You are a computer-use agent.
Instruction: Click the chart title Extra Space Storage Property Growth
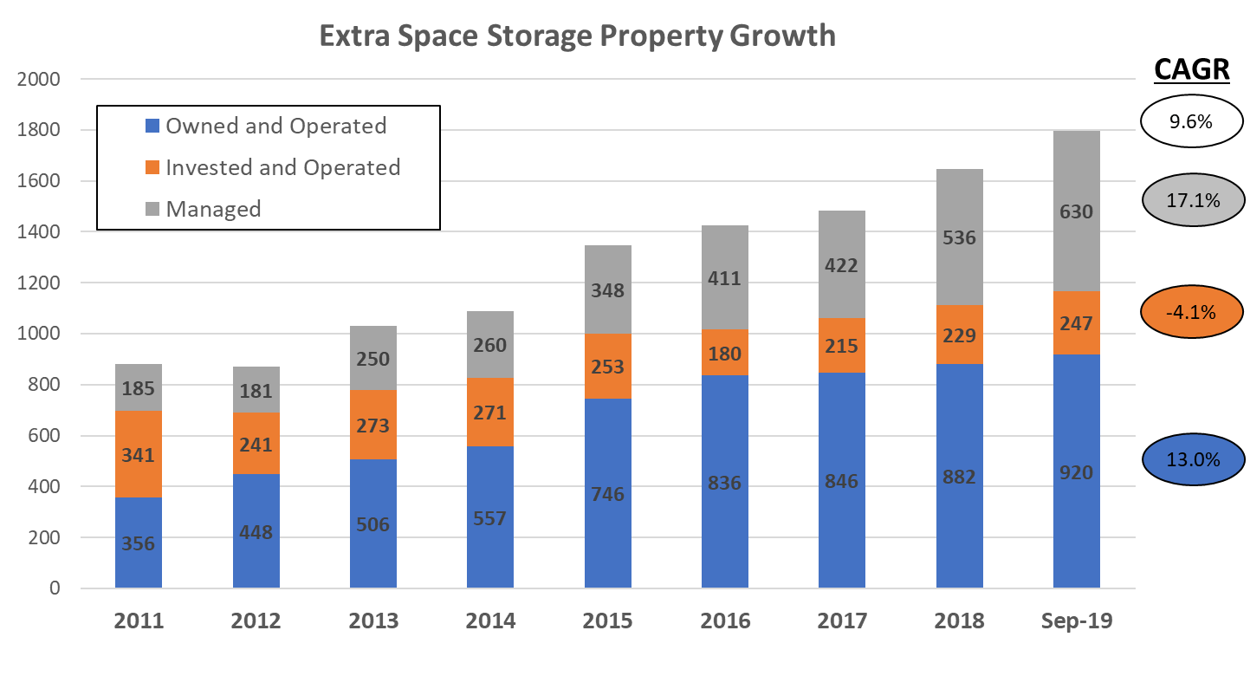click(x=577, y=36)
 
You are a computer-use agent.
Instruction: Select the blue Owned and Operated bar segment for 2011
click(x=139, y=543)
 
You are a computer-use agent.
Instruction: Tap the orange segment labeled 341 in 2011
click(x=139, y=454)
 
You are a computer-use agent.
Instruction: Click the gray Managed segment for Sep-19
click(x=1076, y=211)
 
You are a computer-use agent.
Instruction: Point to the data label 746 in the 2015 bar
click(x=607, y=494)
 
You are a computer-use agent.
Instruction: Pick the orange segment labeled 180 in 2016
click(x=724, y=353)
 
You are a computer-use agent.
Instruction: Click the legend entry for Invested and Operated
click(x=282, y=167)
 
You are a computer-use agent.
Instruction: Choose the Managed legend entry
click(x=213, y=209)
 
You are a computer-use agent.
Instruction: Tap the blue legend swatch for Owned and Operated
click(x=152, y=127)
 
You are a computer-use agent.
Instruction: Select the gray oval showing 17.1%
click(x=1193, y=200)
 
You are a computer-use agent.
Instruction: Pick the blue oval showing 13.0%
click(x=1193, y=458)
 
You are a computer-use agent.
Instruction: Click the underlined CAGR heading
click(x=1192, y=70)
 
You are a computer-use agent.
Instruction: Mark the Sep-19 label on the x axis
click(x=1076, y=621)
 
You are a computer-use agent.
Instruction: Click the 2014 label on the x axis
click(x=490, y=621)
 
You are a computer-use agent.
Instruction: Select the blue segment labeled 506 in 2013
click(x=372, y=523)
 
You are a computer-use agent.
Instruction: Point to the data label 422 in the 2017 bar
click(x=842, y=264)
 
